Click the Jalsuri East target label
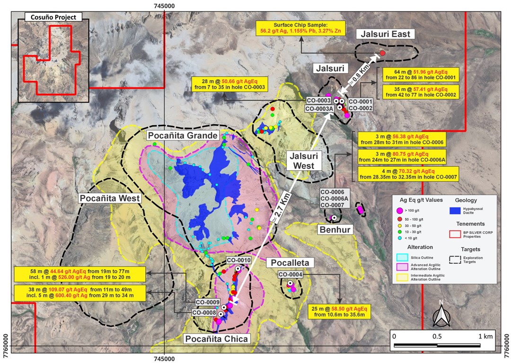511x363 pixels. click(385, 34)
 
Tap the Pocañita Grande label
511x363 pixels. click(183, 136)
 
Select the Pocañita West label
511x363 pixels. click(110, 198)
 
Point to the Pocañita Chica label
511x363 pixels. click(216, 338)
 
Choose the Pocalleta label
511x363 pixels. click(288, 263)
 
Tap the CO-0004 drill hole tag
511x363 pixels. click(290, 275)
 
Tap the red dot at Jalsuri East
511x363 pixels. click(382, 53)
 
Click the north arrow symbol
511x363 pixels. click(441, 313)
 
